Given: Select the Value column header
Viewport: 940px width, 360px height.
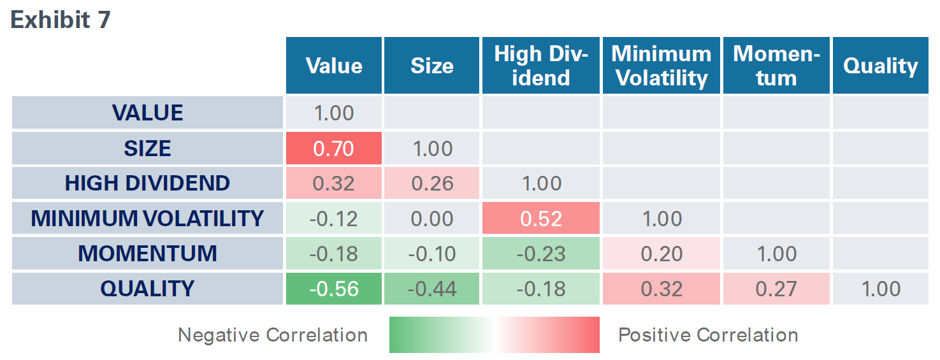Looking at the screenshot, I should (x=334, y=66).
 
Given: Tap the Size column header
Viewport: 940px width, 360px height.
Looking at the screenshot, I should (x=431, y=66).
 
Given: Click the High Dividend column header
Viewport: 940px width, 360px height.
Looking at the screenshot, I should (x=541, y=66).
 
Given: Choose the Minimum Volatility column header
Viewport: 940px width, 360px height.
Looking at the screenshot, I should (x=662, y=66).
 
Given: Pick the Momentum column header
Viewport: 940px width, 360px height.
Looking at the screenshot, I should (x=776, y=66).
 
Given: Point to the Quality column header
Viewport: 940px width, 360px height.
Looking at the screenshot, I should (x=880, y=66).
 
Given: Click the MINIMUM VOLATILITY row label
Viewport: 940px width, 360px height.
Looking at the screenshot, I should (x=147, y=219).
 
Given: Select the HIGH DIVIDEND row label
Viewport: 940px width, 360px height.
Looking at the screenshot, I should (x=147, y=184).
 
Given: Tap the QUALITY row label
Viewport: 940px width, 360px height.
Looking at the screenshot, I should (x=147, y=289).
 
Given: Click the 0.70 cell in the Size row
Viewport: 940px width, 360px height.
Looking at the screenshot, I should (x=334, y=148).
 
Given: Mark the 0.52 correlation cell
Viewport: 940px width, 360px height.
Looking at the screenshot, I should (x=541, y=219).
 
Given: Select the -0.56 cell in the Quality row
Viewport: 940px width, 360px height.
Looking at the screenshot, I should (x=334, y=289).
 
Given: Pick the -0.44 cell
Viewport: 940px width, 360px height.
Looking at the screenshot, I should (x=431, y=289).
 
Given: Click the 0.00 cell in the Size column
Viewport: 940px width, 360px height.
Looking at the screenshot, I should (x=431, y=219).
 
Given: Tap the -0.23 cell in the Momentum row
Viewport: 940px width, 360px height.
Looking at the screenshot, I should (x=541, y=254).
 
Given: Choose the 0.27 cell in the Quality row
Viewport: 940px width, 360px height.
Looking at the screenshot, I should (x=776, y=289).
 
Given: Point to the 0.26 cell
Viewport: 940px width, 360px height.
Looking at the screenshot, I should (x=431, y=184).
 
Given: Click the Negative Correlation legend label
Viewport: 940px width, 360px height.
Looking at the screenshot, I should (x=272, y=335).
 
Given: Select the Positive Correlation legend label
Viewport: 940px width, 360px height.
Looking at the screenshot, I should (x=708, y=335).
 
